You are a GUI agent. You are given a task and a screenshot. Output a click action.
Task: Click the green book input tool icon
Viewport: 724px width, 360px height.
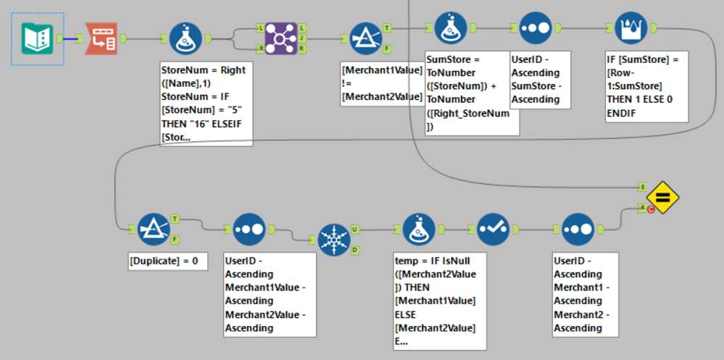pos(37,38)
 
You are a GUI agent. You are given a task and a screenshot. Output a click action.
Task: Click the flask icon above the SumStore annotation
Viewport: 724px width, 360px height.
pos(451,28)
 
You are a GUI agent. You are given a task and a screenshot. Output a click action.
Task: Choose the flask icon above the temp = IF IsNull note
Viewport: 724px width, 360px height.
pos(419,229)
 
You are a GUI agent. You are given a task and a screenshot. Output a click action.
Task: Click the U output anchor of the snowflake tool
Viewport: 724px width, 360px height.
pos(354,230)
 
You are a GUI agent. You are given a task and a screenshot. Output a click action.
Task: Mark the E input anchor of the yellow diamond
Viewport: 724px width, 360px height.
pos(641,187)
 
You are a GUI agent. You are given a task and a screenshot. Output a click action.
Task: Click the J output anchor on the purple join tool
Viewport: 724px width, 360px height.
pos(301,38)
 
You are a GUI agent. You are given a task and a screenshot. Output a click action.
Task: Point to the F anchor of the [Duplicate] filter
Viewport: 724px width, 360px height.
pos(174,238)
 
